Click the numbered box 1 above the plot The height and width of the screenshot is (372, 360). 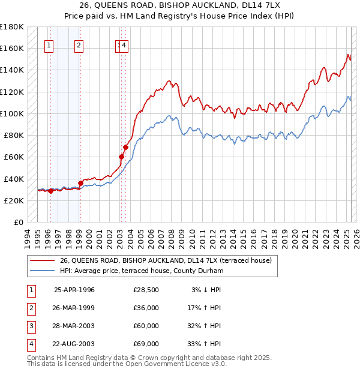tap(49, 44)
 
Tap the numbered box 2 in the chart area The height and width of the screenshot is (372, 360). tap(79, 44)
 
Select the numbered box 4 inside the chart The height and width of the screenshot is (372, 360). tap(124, 44)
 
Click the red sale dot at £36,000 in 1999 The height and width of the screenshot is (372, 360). tap(80, 184)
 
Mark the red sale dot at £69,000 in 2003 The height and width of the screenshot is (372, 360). tap(126, 147)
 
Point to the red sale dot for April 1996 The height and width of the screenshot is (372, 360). tap(51, 191)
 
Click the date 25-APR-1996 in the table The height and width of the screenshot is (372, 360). tap(74, 290)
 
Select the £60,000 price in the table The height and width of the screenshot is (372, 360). tap(146, 326)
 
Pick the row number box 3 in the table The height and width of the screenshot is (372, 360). tap(31, 326)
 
